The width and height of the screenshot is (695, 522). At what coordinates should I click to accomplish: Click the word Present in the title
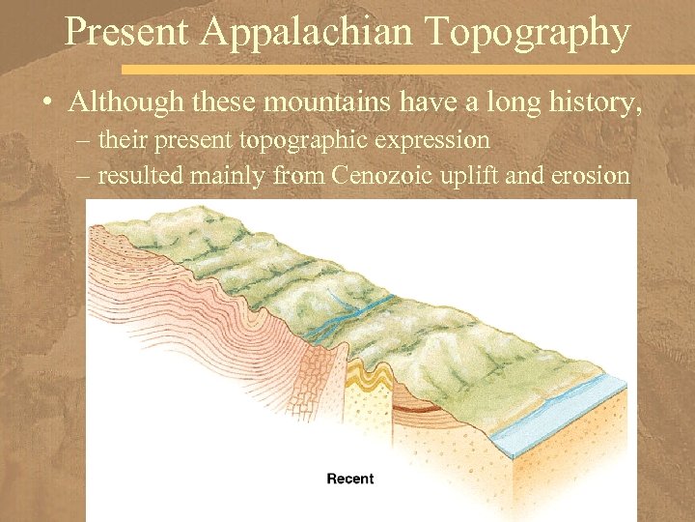pyautogui.click(x=125, y=32)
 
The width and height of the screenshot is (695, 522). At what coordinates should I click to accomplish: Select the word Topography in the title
pyautogui.click(x=526, y=32)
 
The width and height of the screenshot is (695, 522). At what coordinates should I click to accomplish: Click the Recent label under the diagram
pyautogui.click(x=350, y=478)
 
